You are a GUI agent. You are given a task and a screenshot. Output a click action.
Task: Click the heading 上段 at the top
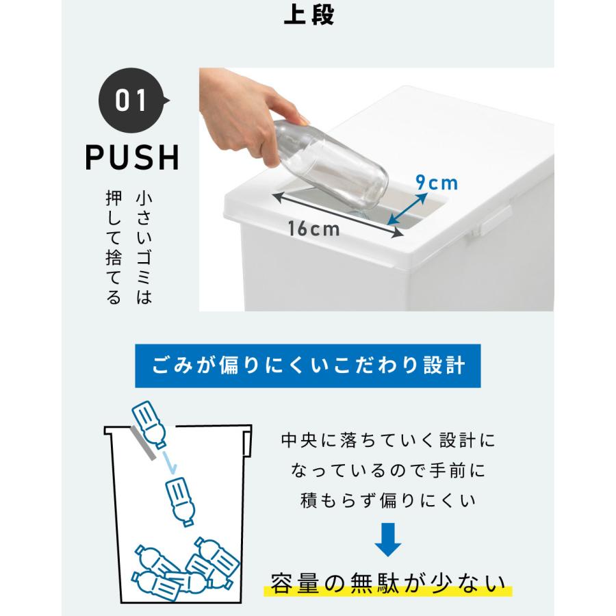[x=309, y=15]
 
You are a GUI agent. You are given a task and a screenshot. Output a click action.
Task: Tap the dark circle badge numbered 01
[x=132, y=101]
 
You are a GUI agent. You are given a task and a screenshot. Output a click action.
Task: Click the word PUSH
[x=132, y=157]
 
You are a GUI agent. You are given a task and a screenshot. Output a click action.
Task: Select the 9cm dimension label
[x=437, y=183]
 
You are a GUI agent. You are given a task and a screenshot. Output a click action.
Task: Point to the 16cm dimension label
[x=313, y=229]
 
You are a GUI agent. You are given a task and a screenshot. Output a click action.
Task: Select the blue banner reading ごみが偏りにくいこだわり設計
[x=307, y=364]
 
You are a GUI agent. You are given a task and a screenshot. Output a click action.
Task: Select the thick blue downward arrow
[x=387, y=537]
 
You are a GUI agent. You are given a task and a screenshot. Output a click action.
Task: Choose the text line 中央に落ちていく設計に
[x=387, y=440]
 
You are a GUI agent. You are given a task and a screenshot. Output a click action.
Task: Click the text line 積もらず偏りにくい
[x=387, y=502]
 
